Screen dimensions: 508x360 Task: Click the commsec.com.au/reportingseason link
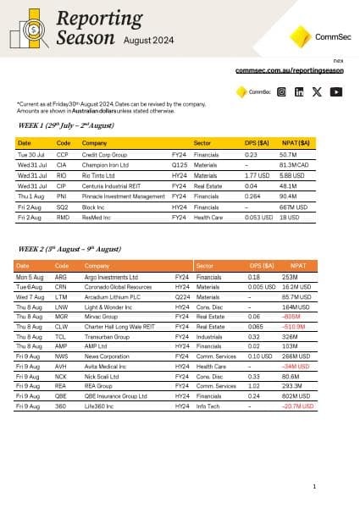tap(289, 71)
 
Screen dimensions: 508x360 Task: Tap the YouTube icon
tap(337, 91)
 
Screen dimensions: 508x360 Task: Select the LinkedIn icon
tap(300, 91)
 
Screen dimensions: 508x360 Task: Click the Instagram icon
tap(282, 91)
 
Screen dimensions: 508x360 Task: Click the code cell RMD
tap(63, 217)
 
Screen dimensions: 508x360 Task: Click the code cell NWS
tap(60, 357)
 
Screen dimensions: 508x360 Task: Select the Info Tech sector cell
tap(209, 406)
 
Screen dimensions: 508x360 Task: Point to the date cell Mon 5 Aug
tap(30, 276)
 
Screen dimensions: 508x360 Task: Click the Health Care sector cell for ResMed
tap(209, 217)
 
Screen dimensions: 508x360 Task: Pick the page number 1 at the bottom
tap(314, 486)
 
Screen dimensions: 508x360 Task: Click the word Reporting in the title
tap(95, 18)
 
